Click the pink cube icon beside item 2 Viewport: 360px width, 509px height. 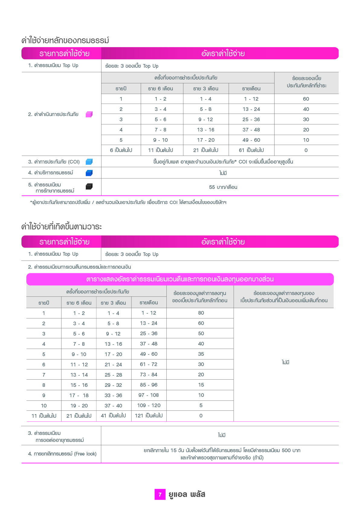(89, 114)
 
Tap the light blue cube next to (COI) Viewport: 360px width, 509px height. (89, 162)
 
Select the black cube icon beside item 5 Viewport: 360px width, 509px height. (89, 186)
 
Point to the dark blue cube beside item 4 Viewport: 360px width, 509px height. (89, 173)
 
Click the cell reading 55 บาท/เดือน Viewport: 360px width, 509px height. (223, 187)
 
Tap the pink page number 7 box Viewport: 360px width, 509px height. (160, 494)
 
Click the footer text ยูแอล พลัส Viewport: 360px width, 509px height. (187, 494)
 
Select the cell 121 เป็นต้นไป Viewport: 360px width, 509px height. (149, 416)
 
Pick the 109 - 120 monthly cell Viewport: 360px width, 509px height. (149, 405)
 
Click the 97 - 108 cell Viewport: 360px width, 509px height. (149, 395)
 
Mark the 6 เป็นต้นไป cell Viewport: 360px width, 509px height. (121, 150)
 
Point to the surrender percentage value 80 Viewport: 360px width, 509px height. (201, 313)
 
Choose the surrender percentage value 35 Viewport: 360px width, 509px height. (201, 354)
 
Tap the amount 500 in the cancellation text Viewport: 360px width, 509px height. (286, 450)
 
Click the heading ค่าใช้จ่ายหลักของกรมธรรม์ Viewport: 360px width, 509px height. (65, 41)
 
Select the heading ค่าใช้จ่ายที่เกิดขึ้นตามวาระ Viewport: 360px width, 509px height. (62, 227)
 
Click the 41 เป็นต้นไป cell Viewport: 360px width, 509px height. (113, 416)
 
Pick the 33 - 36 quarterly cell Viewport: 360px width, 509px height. (113, 395)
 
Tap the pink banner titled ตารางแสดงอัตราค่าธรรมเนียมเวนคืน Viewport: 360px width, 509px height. (180, 279)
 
